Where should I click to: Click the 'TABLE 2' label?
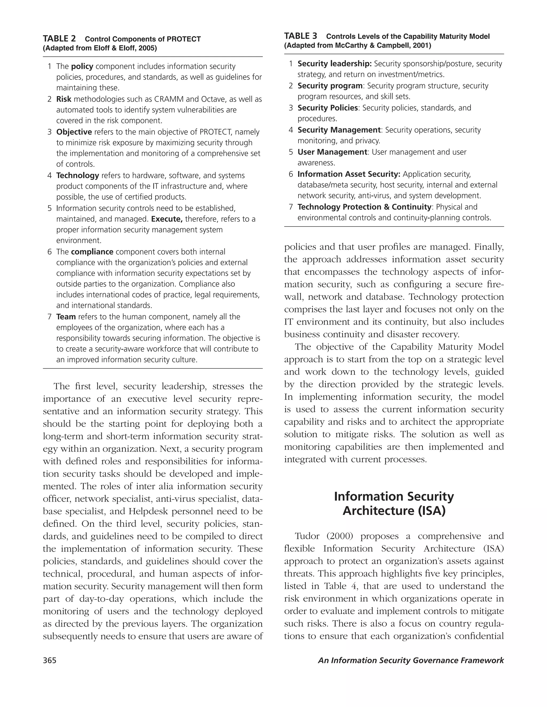tap(59, 39)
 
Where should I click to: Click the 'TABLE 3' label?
tap(300, 36)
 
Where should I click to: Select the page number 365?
tap(50, 660)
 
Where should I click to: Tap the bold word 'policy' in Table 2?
tap(82, 66)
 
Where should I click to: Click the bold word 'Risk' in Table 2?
tap(64, 99)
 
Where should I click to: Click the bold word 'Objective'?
tap(74, 132)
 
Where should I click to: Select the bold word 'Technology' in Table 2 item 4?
tap(77, 176)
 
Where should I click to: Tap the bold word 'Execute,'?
tap(167, 219)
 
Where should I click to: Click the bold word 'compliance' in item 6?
tap(92, 252)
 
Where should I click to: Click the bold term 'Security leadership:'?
tap(334, 64)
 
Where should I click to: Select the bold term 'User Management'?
tap(332, 152)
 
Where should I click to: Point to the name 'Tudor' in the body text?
tap(307, 536)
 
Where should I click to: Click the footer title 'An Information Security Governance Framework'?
tap(411, 660)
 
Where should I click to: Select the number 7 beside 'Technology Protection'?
tap(291, 207)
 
